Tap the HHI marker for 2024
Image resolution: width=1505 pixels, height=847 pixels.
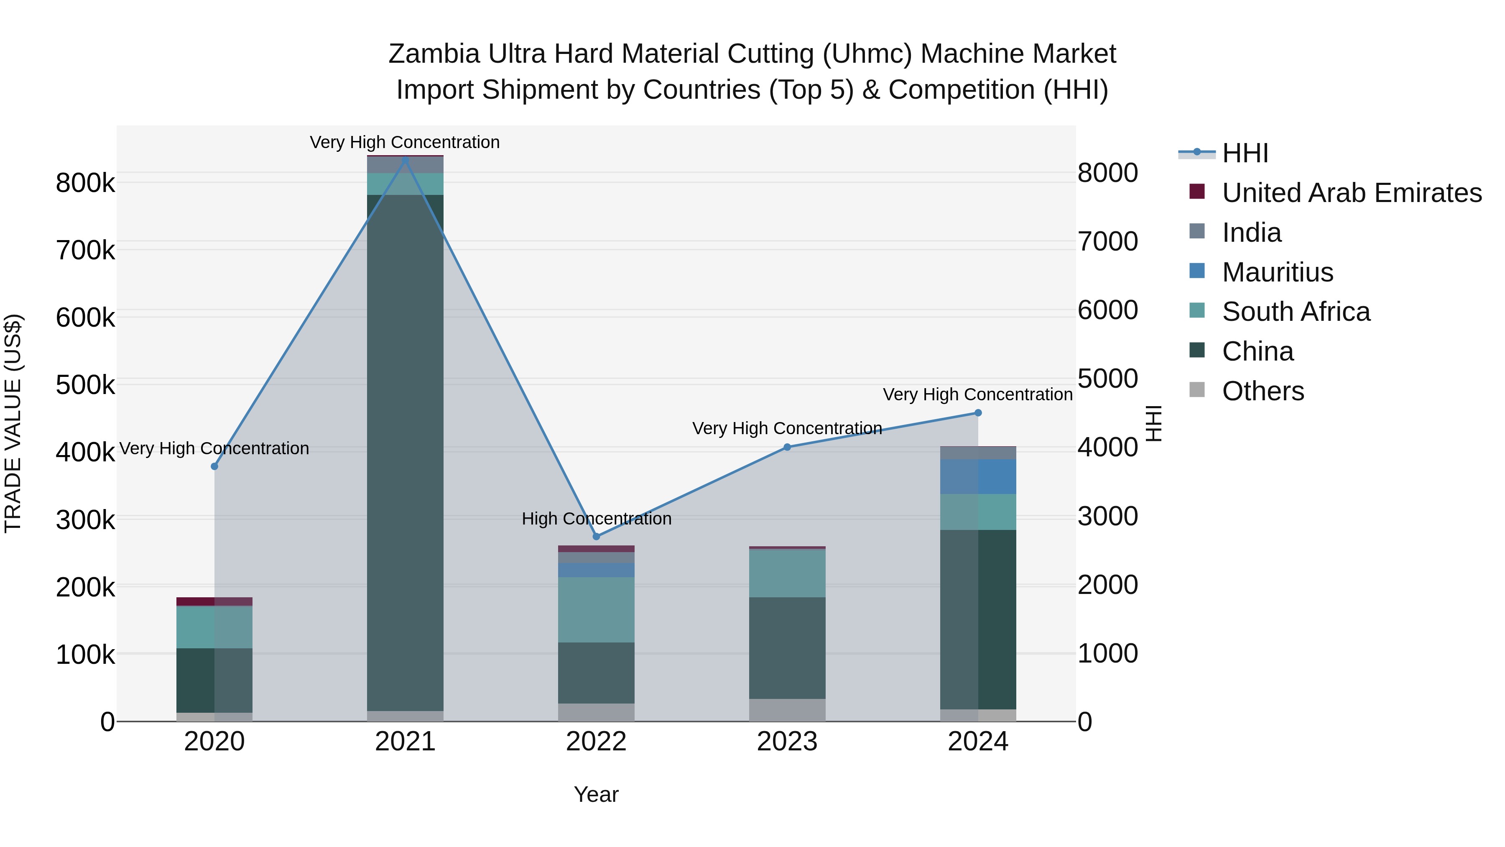(978, 413)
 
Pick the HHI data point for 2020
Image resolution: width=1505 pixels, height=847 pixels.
(214, 466)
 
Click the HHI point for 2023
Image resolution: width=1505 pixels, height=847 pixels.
(787, 447)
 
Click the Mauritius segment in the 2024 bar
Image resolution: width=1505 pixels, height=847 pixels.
(978, 476)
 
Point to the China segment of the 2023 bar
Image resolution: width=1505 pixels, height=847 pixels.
(787, 647)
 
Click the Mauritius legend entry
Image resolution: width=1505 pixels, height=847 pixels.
(1277, 272)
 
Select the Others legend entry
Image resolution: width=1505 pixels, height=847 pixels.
(1263, 391)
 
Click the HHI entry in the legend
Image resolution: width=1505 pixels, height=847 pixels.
(1245, 153)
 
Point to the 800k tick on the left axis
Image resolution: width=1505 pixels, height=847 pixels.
(85, 183)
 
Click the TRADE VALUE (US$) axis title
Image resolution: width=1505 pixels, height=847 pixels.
(13, 423)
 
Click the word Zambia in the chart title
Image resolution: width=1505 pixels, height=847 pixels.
(434, 54)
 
